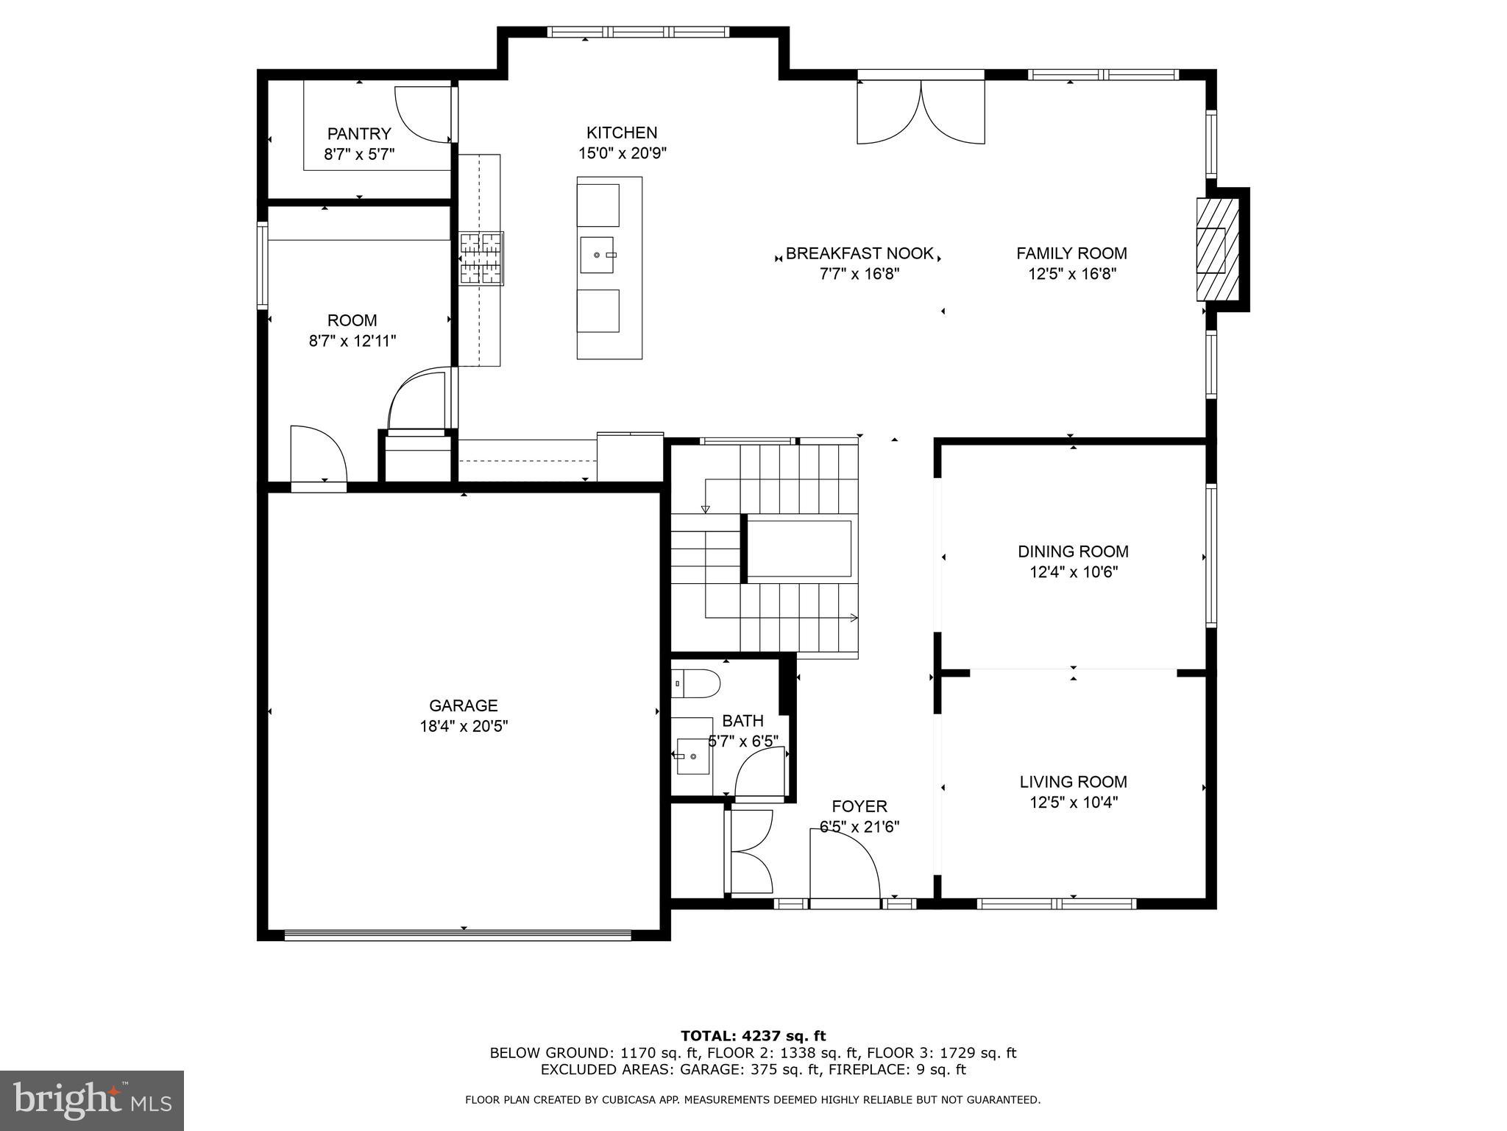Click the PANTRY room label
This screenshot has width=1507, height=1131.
[358, 134]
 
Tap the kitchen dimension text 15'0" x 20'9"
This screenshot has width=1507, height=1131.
[622, 153]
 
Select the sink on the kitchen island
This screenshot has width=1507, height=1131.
[598, 255]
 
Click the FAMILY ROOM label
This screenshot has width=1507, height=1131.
[1071, 253]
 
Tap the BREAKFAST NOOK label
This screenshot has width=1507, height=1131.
[859, 254]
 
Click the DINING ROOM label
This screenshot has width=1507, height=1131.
[1073, 552]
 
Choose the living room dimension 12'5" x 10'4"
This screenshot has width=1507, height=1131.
[1073, 803]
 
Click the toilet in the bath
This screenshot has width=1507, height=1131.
[695, 684]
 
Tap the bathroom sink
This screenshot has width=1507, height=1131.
[692, 756]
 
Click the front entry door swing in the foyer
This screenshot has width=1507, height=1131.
[845, 869]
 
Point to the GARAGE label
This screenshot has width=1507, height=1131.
[464, 705]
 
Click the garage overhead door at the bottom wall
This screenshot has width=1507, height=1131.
[458, 935]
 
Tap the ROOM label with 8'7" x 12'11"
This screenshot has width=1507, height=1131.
[352, 320]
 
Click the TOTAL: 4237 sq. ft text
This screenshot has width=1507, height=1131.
[753, 1036]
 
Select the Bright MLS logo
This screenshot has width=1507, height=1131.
[91, 1100]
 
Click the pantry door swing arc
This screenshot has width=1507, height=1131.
[421, 114]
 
